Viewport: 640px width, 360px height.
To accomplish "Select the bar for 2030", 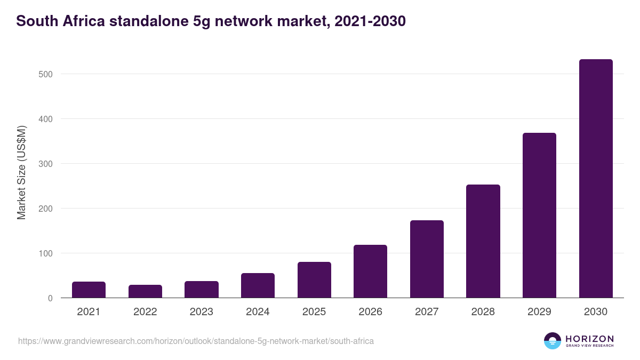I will coord(596,179).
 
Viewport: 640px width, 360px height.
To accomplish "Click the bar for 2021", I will coord(89,290).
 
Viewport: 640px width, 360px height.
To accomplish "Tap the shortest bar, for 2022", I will coord(145,291).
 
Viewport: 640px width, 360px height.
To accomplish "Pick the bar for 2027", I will coord(427,259).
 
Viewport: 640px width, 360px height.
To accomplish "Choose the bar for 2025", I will coord(314,279).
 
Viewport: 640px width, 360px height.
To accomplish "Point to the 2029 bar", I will coord(539,215).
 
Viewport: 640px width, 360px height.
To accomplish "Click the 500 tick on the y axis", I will coord(45,74).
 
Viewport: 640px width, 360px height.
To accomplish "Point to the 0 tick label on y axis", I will coord(50,298).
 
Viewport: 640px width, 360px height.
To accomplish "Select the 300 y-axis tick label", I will coord(45,164).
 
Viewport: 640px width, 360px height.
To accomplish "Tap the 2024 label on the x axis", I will coord(258,312).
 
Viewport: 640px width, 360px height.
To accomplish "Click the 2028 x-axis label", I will coord(483,312).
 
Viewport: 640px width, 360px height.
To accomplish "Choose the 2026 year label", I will coord(370,312).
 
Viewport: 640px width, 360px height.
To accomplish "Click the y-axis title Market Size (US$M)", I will coord(21,172).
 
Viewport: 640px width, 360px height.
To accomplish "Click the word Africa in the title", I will coord(80,21).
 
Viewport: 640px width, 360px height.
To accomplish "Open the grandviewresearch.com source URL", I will coord(196,341).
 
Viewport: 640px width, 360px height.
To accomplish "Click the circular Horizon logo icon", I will coord(553,341).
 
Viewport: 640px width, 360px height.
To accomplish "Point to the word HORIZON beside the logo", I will coord(589,338).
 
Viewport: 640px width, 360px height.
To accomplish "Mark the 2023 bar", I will coord(201,289).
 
